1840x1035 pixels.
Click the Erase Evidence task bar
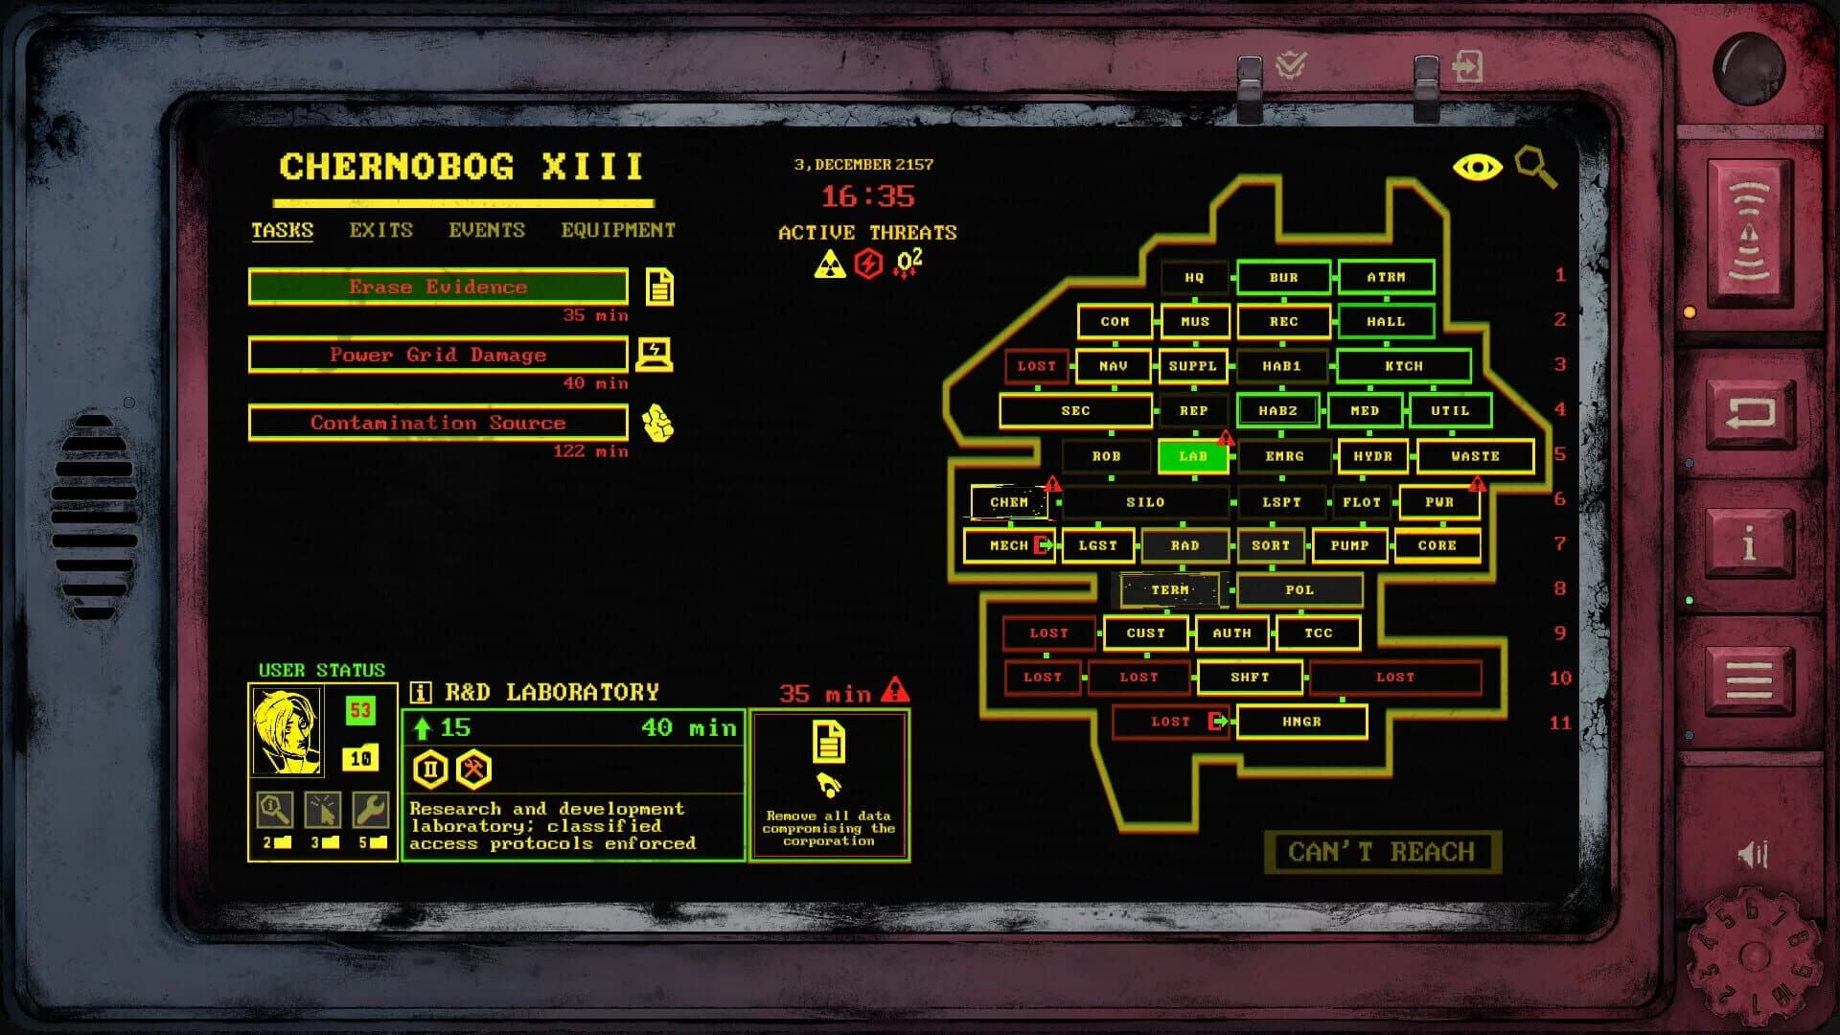tap(438, 287)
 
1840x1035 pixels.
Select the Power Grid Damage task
tap(438, 355)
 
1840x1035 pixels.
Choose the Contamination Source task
tap(438, 423)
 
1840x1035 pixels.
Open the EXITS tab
tap(380, 230)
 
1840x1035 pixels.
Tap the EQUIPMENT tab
tap(618, 230)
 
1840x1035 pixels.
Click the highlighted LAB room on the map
tap(1193, 456)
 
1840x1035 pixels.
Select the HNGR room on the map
tap(1301, 722)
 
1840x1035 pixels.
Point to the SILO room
tap(1145, 502)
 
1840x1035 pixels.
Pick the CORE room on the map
tap(1437, 545)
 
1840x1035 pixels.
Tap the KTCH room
tap(1403, 366)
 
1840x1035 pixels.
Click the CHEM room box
tap(1009, 502)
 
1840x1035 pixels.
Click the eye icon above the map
tap(1477, 168)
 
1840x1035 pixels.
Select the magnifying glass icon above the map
tap(1535, 167)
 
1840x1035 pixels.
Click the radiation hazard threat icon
tap(829, 264)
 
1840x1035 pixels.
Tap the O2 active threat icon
tap(908, 263)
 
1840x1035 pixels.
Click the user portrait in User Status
tap(287, 730)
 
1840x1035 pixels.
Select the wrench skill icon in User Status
tap(370, 810)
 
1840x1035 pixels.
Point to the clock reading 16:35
tap(867, 196)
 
